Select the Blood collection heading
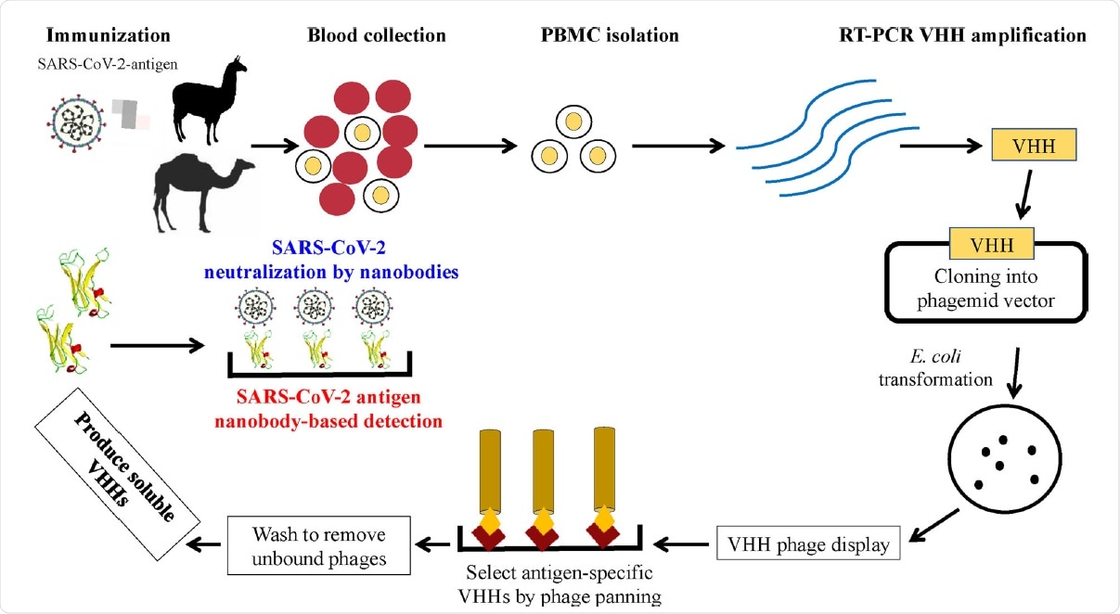(377, 36)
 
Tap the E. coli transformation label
(952, 367)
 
